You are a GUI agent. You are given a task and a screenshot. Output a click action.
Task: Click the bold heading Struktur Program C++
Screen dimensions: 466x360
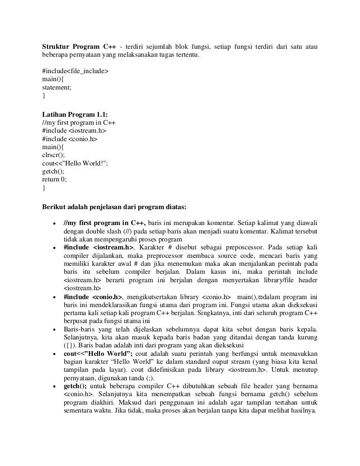(79, 46)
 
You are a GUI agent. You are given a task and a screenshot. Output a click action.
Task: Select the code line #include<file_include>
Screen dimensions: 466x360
(75, 71)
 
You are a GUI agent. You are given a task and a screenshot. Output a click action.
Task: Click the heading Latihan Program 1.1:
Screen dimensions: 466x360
(75, 114)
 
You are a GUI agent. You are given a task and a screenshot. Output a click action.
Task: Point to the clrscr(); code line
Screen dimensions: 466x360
(53, 155)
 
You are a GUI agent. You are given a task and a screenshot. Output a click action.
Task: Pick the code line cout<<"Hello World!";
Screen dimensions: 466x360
(78, 163)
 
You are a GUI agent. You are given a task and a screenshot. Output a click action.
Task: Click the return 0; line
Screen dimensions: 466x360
(54, 179)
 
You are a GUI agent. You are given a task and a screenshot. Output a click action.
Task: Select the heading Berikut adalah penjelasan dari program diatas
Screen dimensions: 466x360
(114, 206)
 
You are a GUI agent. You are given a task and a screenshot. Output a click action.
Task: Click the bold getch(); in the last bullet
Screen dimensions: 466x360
(75, 386)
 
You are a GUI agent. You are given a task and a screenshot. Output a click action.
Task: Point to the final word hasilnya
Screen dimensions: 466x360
(304, 411)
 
